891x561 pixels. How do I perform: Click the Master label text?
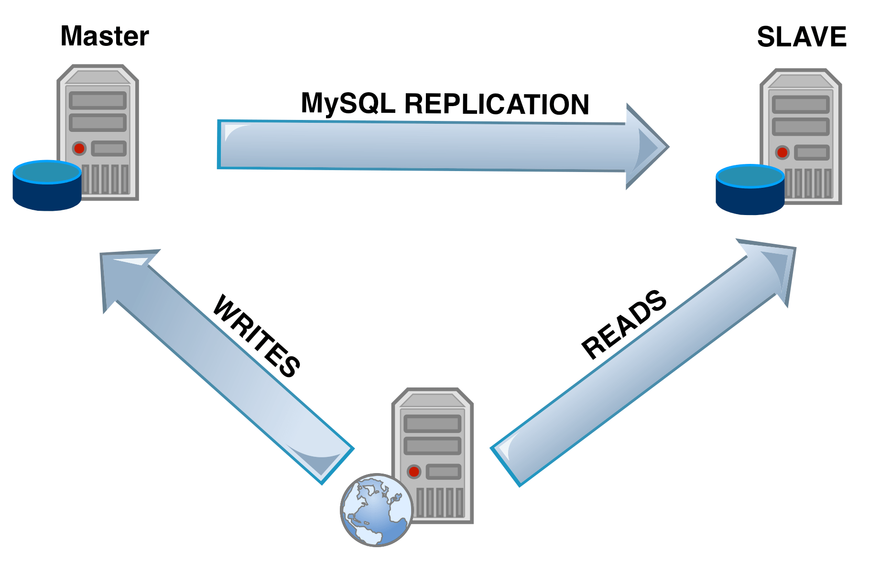(x=104, y=36)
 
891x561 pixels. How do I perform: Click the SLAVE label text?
(x=801, y=37)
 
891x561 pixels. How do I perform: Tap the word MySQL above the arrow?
(x=348, y=103)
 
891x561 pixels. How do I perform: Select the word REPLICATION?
(x=497, y=104)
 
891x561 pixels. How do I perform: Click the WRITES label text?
(x=257, y=336)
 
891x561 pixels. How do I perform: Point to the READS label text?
(x=624, y=324)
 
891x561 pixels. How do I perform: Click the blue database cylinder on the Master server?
(x=47, y=185)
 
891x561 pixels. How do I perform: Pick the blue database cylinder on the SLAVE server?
(x=750, y=190)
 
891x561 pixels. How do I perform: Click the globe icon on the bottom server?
(x=377, y=510)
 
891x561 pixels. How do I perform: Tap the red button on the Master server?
(x=79, y=149)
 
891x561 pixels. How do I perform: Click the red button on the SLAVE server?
(x=782, y=153)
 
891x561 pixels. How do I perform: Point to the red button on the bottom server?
(x=414, y=472)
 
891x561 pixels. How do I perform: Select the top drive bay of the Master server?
(x=98, y=101)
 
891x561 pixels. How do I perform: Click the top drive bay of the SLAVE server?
(x=801, y=105)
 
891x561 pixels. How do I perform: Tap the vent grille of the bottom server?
(x=439, y=502)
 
